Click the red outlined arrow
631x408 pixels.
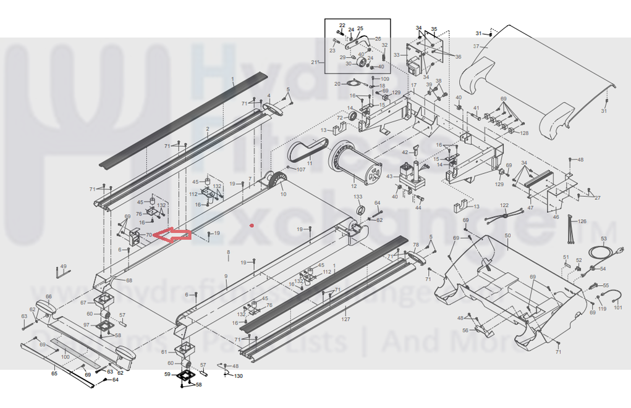pos(172,235)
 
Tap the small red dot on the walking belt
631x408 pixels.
pos(252,225)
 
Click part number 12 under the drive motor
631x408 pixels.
pos(354,186)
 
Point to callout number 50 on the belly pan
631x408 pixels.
pos(507,236)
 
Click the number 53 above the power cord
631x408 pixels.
pos(604,239)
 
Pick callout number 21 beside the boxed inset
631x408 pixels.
pos(314,62)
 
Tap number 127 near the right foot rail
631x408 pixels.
pos(346,319)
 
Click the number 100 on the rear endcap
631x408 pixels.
pos(66,357)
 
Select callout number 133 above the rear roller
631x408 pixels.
pos(358,196)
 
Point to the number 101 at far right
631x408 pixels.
pos(618,307)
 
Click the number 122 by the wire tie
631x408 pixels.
pos(504,205)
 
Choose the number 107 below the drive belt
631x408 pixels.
pos(301,169)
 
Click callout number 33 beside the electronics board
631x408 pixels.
pos(397,56)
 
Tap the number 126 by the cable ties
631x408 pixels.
pos(582,220)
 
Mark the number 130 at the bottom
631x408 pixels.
pos(239,376)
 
